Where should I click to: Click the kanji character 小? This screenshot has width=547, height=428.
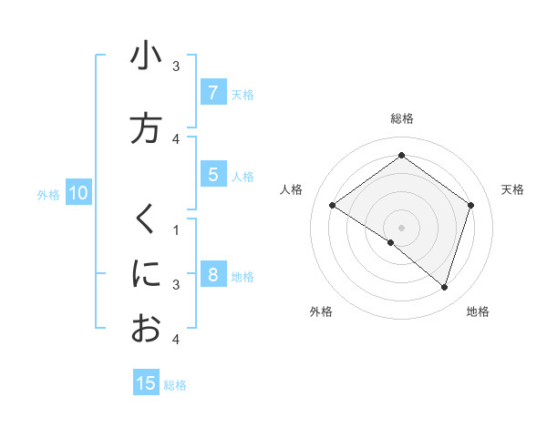point(146,56)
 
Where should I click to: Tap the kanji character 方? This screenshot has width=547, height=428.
point(146,128)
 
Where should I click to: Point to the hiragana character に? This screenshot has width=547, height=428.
point(146,273)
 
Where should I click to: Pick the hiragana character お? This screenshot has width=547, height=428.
point(146,328)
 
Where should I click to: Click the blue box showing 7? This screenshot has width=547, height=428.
point(212,93)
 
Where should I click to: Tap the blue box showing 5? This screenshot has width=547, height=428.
point(212,176)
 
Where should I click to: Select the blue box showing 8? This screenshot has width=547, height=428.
point(212,275)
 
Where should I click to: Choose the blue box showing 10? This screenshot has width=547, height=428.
point(77,193)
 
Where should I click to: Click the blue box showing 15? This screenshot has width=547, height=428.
point(146,384)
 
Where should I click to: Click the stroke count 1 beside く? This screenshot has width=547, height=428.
point(176,229)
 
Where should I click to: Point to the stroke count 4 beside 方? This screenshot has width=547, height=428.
point(176,138)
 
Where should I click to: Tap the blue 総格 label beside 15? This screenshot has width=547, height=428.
point(175,385)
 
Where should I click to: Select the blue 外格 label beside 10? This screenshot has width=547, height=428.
point(48,194)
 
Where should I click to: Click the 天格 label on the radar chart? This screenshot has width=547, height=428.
point(513,189)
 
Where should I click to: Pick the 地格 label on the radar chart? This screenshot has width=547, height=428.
point(478,311)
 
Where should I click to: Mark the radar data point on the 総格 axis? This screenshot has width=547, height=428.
point(401,155)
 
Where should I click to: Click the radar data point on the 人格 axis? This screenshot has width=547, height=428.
point(333,205)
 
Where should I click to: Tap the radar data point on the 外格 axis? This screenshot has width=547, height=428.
point(391,242)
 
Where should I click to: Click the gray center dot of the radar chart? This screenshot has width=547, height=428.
point(401,227)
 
